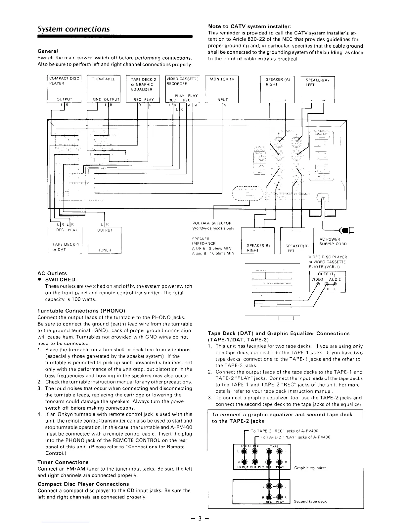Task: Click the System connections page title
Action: coord(73,29)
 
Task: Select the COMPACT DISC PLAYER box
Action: coord(64,88)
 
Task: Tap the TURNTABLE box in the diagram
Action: coord(104,88)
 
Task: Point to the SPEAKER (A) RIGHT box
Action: coord(277,89)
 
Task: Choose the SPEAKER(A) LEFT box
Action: coord(317,89)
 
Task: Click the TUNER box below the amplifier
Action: coord(105,240)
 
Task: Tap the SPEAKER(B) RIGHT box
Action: coord(258,241)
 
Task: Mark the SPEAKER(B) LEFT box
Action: coord(297,241)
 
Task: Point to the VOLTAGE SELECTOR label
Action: coord(212,223)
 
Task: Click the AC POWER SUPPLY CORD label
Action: coord(333,242)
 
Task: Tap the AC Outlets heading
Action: coord(52,273)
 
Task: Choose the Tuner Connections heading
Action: coord(63,462)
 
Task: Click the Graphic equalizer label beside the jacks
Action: coord(310,468)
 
